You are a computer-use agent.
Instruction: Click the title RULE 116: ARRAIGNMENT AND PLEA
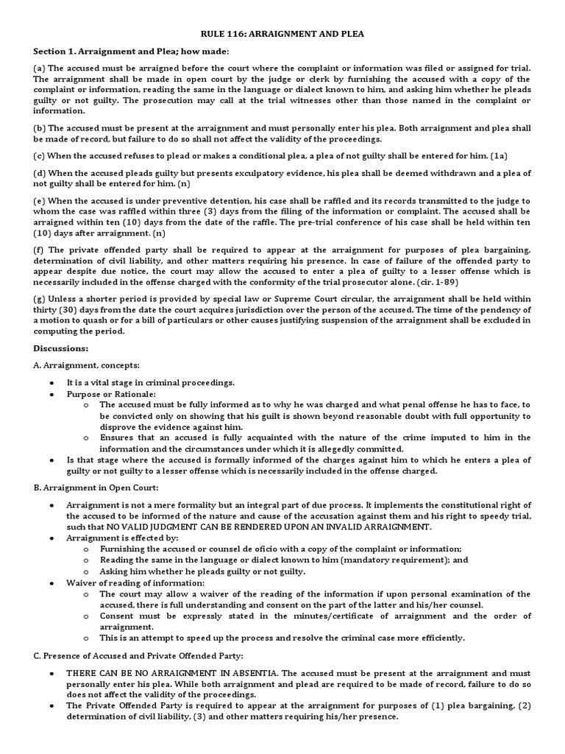[x=283, y=34]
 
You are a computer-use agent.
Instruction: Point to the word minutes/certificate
[x=317, y=616]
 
